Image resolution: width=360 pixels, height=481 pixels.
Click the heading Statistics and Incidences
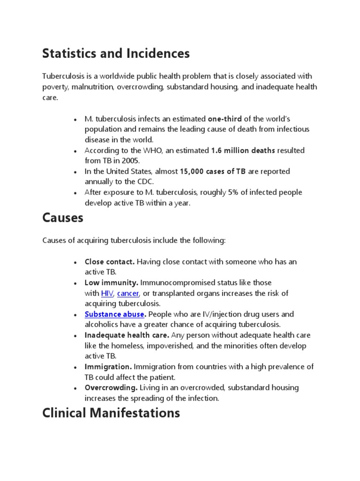click(116, 54)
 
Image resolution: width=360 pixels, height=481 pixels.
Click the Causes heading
click(62, 218)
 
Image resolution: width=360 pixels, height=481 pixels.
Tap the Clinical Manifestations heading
click(111, 413)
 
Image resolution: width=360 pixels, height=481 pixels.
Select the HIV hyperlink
click(107, 294)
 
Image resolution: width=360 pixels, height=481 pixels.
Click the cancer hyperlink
click(128, 294)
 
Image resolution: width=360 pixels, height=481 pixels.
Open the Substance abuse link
click(114, 314)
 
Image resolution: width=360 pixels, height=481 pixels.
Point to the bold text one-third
click(225, 119)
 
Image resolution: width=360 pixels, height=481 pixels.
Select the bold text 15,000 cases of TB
click(213, 171)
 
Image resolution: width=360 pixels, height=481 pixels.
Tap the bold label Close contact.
click(110, 262)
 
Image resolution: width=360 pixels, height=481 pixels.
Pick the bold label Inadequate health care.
click(127, 335)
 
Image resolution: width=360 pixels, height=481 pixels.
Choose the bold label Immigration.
click(108, 367)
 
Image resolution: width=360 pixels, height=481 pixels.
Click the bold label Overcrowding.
click(111, 388)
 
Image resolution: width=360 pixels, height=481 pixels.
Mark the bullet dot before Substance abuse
click(75, 315)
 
